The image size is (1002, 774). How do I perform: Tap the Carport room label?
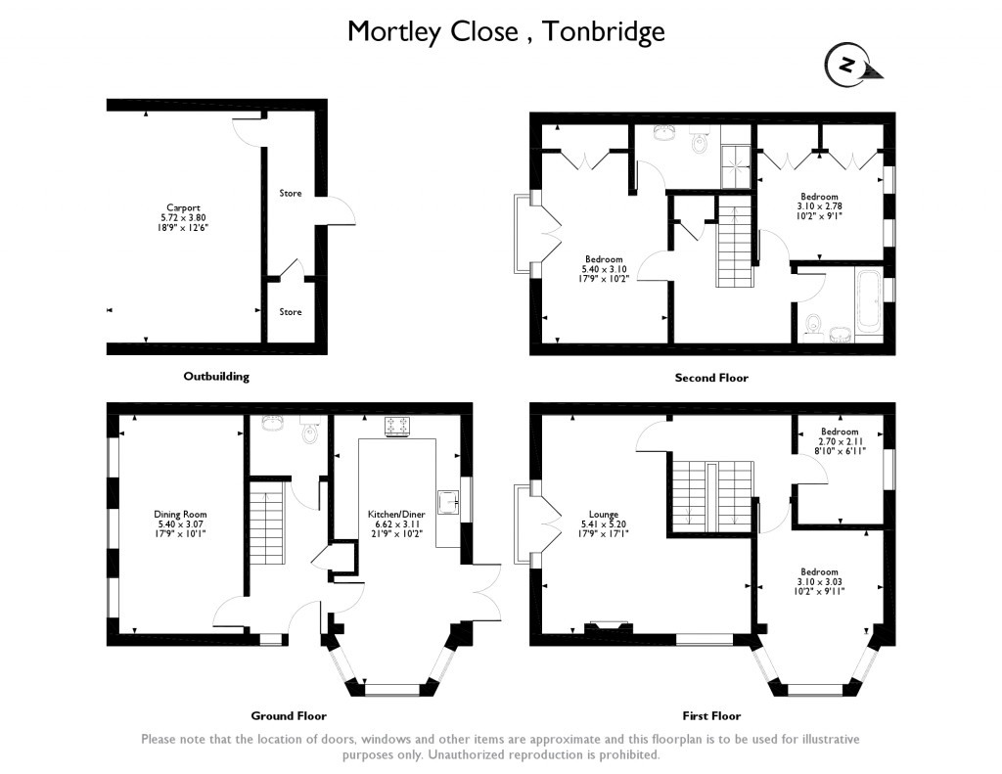[183, 207]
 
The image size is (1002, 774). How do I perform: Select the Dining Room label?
[180, 514]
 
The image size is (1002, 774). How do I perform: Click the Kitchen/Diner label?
[390, 514]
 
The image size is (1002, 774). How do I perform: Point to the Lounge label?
[603, 514]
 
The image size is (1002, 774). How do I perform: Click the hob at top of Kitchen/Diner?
[398, 426]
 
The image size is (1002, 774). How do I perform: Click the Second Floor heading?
[711, 377]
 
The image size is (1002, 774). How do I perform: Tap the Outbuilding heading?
[216, 376]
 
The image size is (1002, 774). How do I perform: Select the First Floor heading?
[711, 715]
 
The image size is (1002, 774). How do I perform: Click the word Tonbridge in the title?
[604, 31]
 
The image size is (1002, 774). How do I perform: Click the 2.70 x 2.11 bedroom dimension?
[840, 441]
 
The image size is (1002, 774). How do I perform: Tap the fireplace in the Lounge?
[608, 628]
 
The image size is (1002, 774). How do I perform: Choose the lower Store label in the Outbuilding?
[290, 312]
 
